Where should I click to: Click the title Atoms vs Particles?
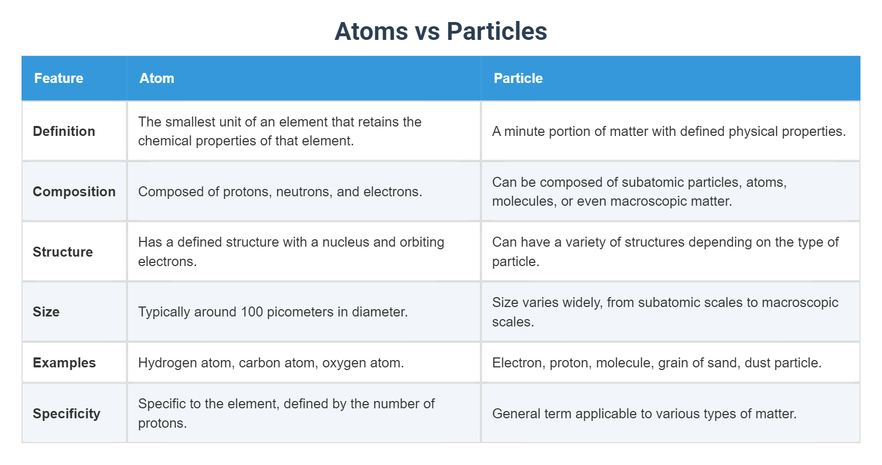pyautogui.click(x=440, y=31)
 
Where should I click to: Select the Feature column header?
pyautogui.click(x=59, y=78)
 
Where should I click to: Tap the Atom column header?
pyautogui.click(x=156, y=78)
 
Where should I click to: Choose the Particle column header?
pyautogui.click(x=518, y=78)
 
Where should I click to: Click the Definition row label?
pyautogui.click(x=64, y=131)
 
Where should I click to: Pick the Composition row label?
pyautogui.click(x=74, y=192)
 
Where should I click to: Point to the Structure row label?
pyautogui.click(x=62, y=252)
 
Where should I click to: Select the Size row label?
pyautogui.click(x=46, y=312)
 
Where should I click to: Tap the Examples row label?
pyautogui.click(x=64, y=363)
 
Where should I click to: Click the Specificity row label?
pyautogui.click(x=66, y=414)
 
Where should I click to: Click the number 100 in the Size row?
pyautogui.click(x=251, y=312)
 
